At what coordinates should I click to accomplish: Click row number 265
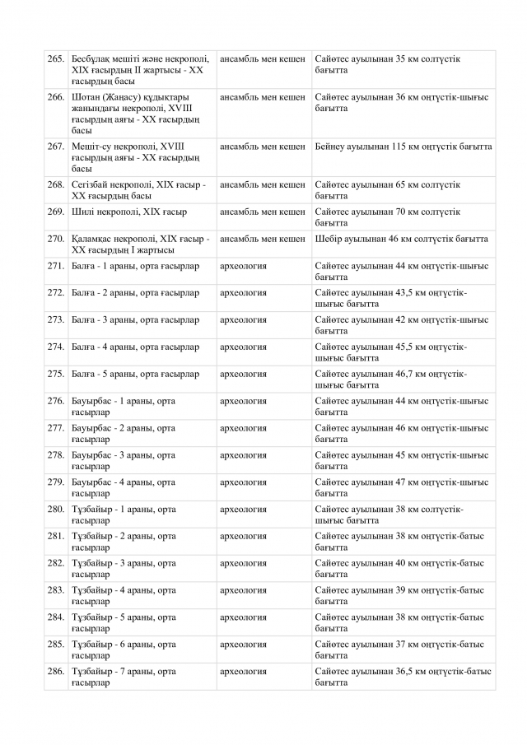tap(56, 59)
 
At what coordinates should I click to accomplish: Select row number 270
tap(56, 239)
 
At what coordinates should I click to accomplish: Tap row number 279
tap(56, 482)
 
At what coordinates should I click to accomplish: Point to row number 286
tap(56, 672)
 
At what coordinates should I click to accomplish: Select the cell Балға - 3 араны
tap(135, 319)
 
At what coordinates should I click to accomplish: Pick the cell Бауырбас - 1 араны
tap(124, 406)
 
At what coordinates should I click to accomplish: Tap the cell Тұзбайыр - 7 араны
tap(124, 677)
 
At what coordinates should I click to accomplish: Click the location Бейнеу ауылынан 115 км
tap(403, 147)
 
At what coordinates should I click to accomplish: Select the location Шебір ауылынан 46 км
tap(402, 239)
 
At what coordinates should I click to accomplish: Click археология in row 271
tap(243, 266)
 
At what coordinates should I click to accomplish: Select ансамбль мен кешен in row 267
tap(263, 147)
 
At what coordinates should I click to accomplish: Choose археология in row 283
tap(243, 590)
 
